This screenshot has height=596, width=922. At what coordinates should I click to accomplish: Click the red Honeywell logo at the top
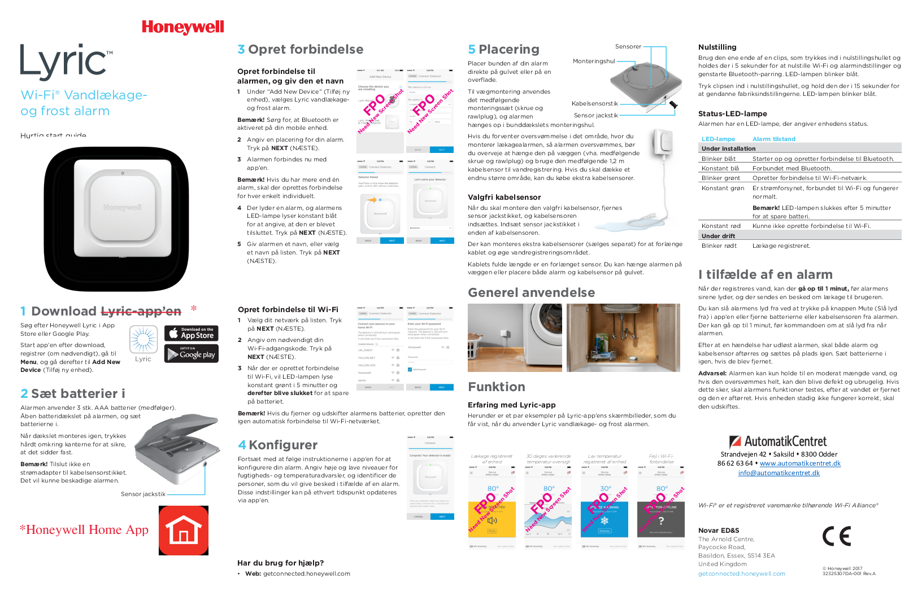(x=182, y=27)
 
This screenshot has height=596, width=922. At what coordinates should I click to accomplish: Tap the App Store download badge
(x=192, y=333)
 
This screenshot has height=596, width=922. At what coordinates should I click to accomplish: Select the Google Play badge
(x=192, y=354)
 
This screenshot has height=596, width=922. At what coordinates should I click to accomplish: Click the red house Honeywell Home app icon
(x=184, y=531)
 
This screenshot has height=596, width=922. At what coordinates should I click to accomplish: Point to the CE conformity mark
(x=836, y=536)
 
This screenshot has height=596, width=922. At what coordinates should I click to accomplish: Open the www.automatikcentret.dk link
(x=800, y=463)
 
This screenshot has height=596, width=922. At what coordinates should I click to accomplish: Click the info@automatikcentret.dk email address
(x=779, y=473)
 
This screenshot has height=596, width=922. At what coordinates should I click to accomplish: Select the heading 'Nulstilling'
(x=717, y=47)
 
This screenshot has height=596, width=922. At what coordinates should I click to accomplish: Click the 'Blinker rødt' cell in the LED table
(x=719, y=246)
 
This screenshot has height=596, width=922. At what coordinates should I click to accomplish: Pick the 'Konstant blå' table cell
(x=720, y=169)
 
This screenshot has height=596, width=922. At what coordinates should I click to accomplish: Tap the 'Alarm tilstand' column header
(x=773, y=139)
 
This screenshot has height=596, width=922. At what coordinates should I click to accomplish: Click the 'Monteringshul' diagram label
(x=594, y=62)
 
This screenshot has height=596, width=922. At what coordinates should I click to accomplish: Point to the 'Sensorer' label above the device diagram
(x=628, y=47)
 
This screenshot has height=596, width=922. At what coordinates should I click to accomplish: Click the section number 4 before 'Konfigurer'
(x=242, y=445)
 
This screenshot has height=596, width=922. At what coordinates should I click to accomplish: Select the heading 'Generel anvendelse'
(x=531, y=293)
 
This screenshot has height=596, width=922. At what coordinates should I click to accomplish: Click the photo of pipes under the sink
(x=623, y=338)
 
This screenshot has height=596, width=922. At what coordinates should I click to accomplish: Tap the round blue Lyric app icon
(x=143, y=340)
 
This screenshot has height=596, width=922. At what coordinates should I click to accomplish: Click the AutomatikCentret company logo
(x=778, y=441)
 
